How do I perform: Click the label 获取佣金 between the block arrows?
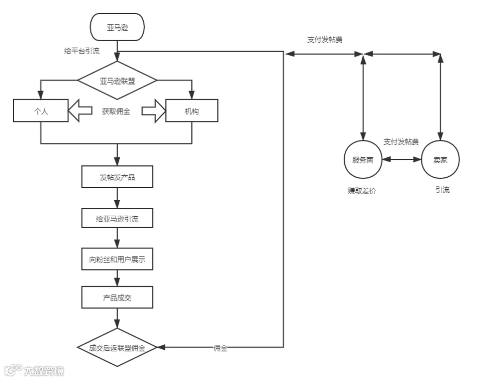(x=116, y=112)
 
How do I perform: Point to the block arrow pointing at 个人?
(x=80, y=111)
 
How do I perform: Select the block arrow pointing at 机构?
(x=154, y=111)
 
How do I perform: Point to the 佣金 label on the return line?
(x=220, y=348)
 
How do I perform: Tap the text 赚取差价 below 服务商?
(x=362, y=190)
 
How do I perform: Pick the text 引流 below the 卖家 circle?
(x=442, y=190)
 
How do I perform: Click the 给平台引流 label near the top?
(x=82, y=51)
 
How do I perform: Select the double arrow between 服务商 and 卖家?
(x=401, y=159)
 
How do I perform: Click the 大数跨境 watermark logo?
(x=34, y=370)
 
